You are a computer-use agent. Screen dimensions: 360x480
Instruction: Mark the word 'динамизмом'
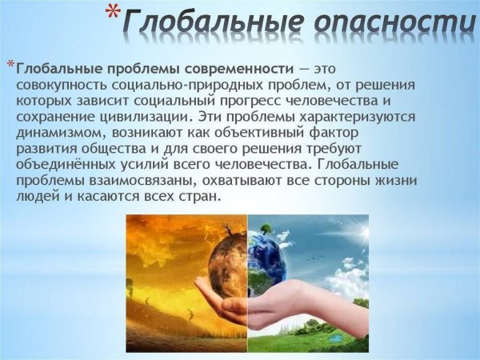60,133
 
